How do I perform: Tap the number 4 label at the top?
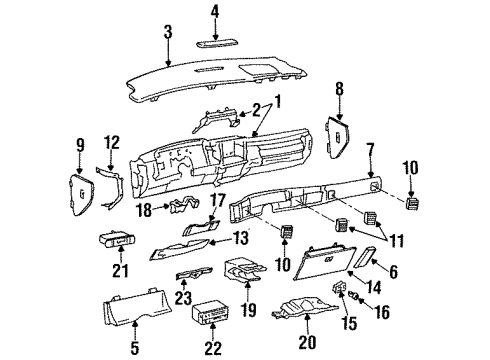(212, 12)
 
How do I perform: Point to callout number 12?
(112, 143)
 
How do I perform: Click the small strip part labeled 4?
(213, 44)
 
